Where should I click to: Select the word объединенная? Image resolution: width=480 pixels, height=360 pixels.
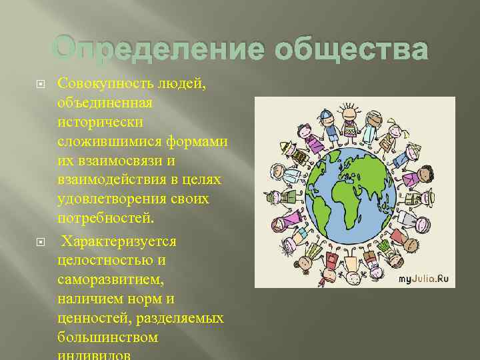pyautogui.click(x=105, y=103)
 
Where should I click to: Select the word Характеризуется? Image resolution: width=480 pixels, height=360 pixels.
pyautogui.click(x=119, y=241)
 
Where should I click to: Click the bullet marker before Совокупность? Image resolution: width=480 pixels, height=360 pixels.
pyautogui.click(x=43, y=83)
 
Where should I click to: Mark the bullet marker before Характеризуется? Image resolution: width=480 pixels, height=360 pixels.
pyautogui.click(x=43, y=241)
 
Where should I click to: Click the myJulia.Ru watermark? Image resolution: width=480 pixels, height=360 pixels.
pyautogui.click(x=425, y=278)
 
